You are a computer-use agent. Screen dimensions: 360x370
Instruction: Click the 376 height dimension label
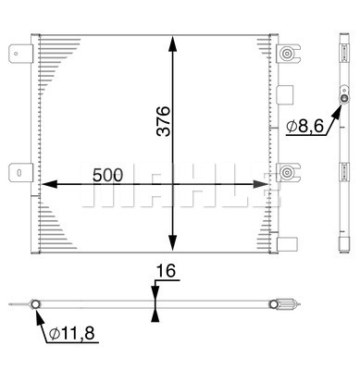[x=163, y=121]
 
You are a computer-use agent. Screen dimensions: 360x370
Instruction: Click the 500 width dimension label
[x=107, y=175]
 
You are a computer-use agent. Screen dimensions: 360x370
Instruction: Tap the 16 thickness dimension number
[x=166, y=271]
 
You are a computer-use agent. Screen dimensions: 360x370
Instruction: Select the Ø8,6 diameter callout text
[x=304, y=126]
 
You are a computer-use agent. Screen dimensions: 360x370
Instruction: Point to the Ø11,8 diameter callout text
[x=72, y=333]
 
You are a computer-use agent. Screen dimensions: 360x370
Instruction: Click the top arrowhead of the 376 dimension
[x=173, y=43]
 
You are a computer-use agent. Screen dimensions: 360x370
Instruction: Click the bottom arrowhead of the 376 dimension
[x=173, y=243]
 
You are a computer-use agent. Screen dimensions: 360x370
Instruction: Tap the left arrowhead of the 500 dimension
[x=49, y=184]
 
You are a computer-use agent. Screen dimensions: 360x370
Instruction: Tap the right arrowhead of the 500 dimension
[x=260, y=184]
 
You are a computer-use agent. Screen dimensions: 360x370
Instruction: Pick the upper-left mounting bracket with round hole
[x=20, y=54]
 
